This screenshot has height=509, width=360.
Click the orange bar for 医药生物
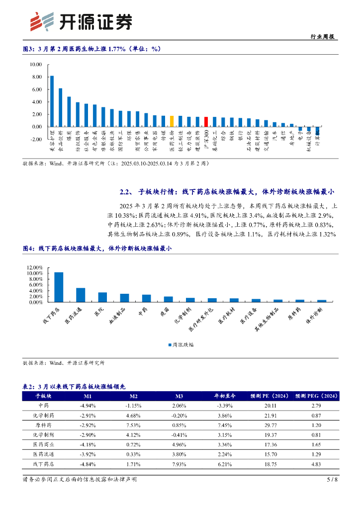[x=172, y=121]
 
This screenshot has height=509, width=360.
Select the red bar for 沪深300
[x=206, y=122]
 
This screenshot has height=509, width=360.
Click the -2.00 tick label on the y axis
[x=35, y=139]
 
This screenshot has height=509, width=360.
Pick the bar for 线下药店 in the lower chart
[x=59, y=287]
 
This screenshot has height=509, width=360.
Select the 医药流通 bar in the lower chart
[x=81, y=295]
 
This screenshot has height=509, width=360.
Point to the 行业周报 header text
[x=322, y=36]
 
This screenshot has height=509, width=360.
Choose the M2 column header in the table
[x=133, y=396]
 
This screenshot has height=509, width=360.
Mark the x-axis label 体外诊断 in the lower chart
[x=316, y=316]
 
